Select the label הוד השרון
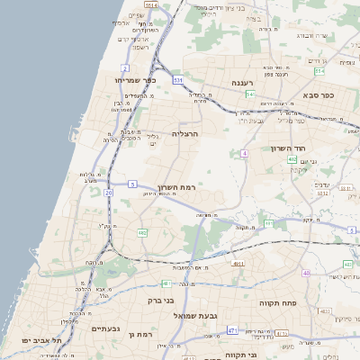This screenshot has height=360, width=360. pos(288,148)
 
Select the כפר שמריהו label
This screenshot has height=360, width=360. pos(136,80)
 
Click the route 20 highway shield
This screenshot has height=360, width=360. pos(108,192)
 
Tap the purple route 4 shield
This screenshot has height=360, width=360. pos(244,154)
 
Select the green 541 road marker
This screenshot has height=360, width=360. pos(251,94)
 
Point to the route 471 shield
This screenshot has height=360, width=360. pos(232,330)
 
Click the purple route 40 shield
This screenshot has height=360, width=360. pos(306,273)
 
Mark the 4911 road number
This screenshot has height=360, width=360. pos(238,264)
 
